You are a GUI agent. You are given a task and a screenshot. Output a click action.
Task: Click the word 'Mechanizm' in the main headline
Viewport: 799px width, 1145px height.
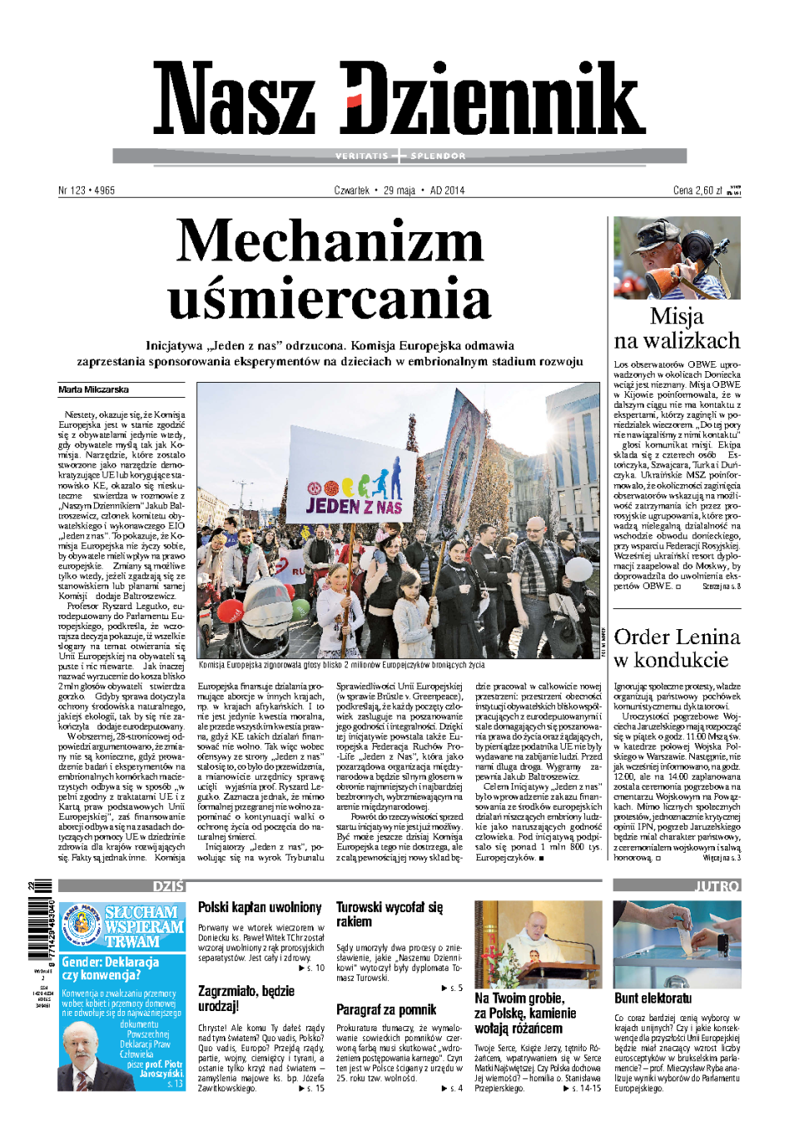coord(330,243)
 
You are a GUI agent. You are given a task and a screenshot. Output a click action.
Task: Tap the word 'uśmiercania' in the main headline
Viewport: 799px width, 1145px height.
coord(330,300)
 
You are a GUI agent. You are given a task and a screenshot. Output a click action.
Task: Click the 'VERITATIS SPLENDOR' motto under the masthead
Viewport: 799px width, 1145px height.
coord(399,156)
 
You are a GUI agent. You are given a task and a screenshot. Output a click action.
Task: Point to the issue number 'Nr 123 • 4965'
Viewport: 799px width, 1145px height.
coord(87,191)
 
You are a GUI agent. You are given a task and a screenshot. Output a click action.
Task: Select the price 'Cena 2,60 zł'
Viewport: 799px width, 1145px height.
coord(697,191)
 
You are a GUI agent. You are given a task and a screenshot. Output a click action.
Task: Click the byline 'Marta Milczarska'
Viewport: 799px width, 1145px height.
coord(93,389)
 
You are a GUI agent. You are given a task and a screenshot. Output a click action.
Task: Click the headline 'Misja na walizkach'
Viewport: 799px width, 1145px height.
coord(677,329)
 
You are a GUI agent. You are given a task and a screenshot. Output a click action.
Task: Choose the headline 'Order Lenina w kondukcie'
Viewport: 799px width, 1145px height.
coord(677,648)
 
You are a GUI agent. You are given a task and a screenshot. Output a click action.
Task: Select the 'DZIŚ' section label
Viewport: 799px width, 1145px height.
coord(169,886)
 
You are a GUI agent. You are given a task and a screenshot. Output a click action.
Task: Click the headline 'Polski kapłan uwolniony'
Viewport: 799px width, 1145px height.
coord(260,907)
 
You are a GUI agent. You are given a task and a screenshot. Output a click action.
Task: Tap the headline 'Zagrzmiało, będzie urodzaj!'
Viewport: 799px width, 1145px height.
coord(246,999)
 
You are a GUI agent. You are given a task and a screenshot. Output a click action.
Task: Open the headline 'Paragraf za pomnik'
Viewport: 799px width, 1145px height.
coord(386,1009)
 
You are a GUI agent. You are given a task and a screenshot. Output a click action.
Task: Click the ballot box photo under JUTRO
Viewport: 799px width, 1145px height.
coord(677,944)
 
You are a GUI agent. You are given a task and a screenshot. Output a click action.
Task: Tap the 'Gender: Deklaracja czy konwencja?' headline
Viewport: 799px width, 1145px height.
coord(111,969)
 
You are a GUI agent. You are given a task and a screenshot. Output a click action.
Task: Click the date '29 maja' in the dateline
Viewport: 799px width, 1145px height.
coord(399,191)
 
